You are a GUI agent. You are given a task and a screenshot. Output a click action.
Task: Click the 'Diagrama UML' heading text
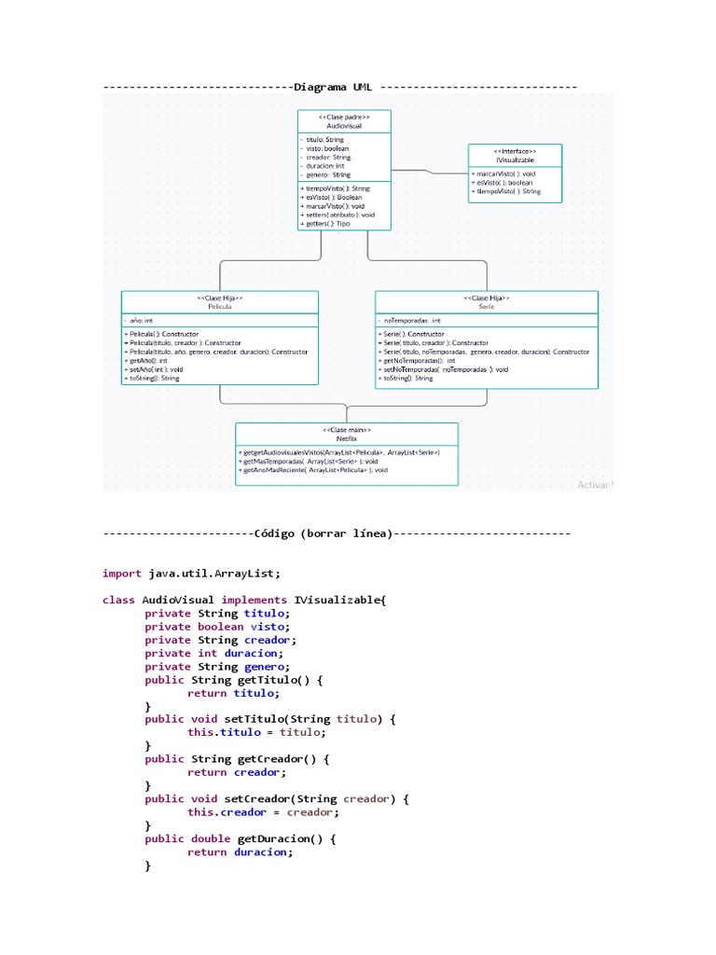(x=333, y=87)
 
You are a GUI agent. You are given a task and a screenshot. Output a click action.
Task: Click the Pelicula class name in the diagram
(x=219, y=306)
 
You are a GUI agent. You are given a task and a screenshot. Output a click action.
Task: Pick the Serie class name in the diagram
(x=486, y=306)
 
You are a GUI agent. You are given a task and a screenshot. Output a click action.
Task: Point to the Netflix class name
(x=346, y=437)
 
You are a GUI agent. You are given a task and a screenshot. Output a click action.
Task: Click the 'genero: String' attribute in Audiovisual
(x=327, y=174)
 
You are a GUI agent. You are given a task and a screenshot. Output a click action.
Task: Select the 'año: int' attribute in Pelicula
(x=140, y=320)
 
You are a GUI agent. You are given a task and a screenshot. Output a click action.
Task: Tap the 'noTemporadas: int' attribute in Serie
(x=412, y=320)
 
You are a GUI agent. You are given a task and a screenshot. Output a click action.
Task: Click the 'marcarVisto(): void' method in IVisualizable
(x=504, y=173)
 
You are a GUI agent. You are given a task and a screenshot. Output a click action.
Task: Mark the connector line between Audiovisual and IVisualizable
(x=429, y=172)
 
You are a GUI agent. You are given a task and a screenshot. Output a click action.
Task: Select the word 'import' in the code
(x=121, y=574)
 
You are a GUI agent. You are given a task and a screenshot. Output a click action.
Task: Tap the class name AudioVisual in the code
(x=178, y=600)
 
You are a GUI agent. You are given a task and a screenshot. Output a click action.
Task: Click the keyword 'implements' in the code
(x=254, y=600)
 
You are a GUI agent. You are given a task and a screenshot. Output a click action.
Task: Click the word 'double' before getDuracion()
(x=211, y=838)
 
